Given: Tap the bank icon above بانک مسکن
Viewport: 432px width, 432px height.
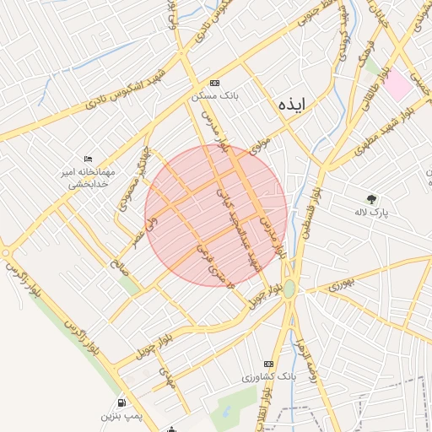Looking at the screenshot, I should pyautogui.click(x=214, y=84).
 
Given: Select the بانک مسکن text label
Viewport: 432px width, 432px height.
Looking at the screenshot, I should pyautogui.click(x=215, y=97).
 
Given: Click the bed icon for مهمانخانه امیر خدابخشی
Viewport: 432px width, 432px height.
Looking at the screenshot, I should pyautogui.click(x=89, y=159).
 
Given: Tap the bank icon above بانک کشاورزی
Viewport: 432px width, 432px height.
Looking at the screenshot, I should pyautogui.click(x=269, y=364).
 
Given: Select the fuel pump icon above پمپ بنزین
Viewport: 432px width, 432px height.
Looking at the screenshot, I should pyautogui.click(x=122, y=403).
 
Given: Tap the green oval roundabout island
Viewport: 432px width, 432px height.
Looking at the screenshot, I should pyautogui.click(x=289, y=289).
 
